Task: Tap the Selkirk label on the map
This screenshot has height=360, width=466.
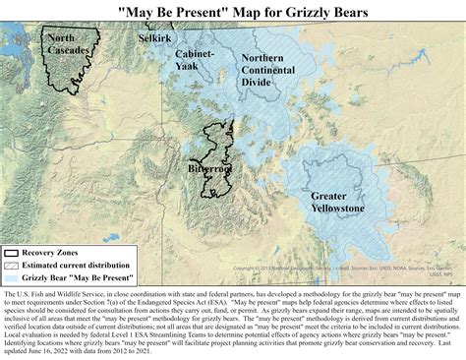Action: [x=154, y=38]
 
